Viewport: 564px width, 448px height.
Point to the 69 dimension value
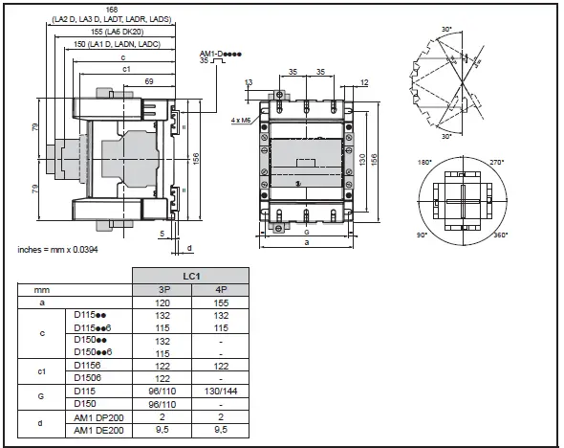tap(148, 81)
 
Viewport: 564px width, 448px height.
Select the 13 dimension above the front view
tap(249, 82)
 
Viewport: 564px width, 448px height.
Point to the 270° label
tap(497, 162)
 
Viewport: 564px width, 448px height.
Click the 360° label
tap(500, 235)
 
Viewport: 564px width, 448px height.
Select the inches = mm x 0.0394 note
tap(57, 249)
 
